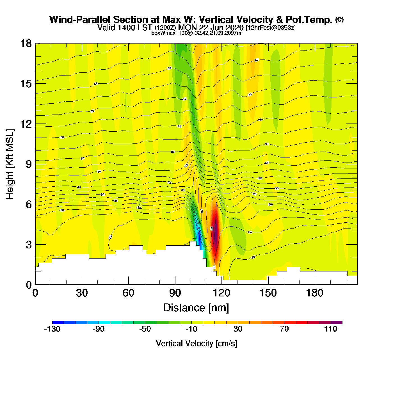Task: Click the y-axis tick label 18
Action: tap(26, 44)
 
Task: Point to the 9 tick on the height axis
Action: tap(29, 164)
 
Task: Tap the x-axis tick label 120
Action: tap(221, 293)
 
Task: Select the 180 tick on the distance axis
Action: tap(315, 293)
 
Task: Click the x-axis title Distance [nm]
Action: tap(196, 308)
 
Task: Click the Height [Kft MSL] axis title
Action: tap(10, 164)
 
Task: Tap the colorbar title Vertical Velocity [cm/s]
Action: tap(196, 344)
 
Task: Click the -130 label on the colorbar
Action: tap(52, 329)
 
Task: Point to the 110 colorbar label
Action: tap(330, 329)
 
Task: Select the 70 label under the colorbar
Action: tap(284, 329)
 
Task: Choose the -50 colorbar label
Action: tap(145, 329)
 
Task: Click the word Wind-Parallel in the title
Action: tap(80, 20)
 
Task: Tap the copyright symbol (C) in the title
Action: tap(339, 19)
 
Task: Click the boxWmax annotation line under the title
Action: tap(196, 33)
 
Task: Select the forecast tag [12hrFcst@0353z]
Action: tap(271, 28)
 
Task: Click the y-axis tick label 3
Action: tap(29, 245)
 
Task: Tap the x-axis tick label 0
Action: tap(35, 293)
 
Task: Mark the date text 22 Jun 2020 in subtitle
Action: tap(221, 28)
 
